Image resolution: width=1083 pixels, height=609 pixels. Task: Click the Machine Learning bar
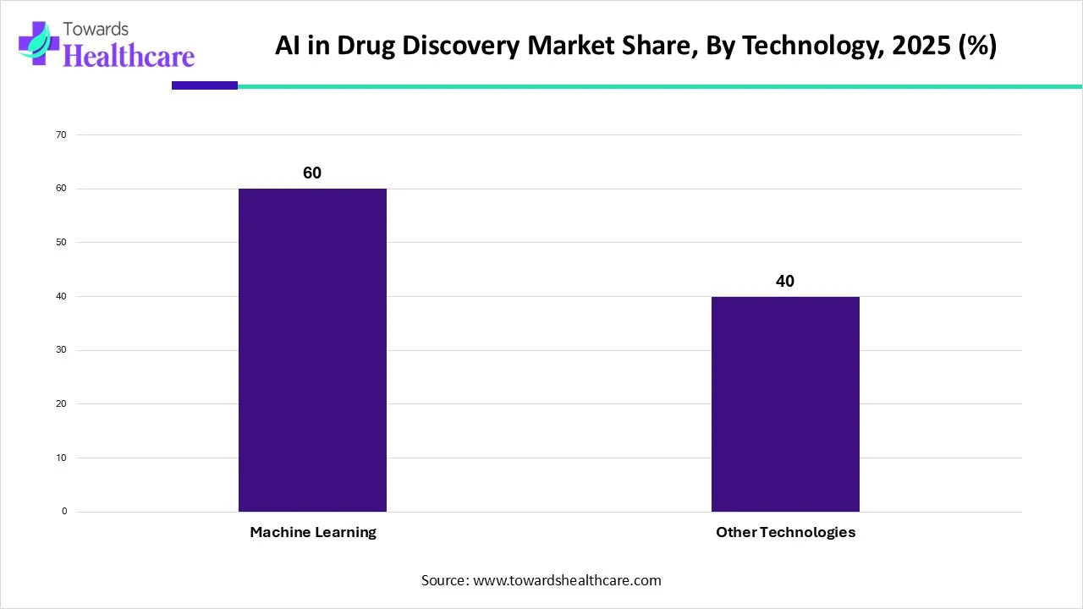pos(312,350)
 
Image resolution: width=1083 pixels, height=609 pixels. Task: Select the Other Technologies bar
pos(785,404)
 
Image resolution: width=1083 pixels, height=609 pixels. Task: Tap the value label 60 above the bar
pos(312,173)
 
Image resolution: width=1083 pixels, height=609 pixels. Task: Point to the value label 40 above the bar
pos(785,281)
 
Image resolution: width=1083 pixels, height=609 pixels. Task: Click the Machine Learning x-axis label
pos(313,532)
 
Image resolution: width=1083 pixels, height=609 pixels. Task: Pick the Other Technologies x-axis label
pos(785,532)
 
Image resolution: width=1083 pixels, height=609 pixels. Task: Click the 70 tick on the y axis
pos(62,134)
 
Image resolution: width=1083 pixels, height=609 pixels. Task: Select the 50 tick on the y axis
pos(62,243)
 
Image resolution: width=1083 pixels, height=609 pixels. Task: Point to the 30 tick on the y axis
pos(62,350)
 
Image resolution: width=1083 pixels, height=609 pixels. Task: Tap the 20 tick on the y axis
pos(62,404)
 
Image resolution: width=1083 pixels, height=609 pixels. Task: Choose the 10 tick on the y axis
pos(62,458)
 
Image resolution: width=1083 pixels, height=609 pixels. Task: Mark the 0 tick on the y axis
pos(64,512)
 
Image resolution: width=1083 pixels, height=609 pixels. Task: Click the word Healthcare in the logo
pos(129,56)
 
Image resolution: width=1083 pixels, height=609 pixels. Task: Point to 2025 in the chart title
pos(907,46)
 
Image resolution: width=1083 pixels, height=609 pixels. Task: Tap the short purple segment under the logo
pos(205,85)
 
